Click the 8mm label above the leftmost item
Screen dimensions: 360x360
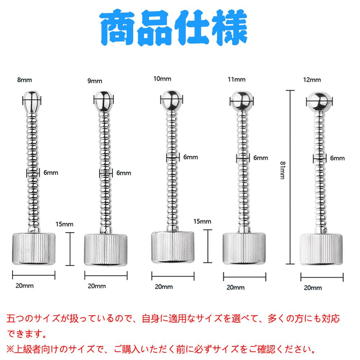click(x=24, y=80)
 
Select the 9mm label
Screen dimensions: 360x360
click(x=95, y=81)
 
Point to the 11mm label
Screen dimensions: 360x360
click(x=236, y=79)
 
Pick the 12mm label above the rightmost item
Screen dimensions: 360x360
click(x=312, y=80)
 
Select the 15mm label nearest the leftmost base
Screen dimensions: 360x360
click(x=65, y=224)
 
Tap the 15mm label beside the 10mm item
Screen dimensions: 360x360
click(x=202, y=221)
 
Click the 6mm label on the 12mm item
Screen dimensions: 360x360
click(x=337, y=158)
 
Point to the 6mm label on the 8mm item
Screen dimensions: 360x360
click(x=51, y=173)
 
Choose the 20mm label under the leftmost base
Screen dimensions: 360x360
click(x=24, y=286)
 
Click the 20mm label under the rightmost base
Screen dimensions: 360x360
click(x=313, y=288)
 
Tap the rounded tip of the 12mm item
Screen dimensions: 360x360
click(x=318, y=102)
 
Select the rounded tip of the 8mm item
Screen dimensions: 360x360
click(x=32, y=101)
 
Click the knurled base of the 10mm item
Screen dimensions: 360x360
click(x=172, y=247)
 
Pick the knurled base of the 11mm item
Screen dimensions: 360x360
click(x=244, y=249)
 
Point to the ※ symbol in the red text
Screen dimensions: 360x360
click(x=10, y=349)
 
